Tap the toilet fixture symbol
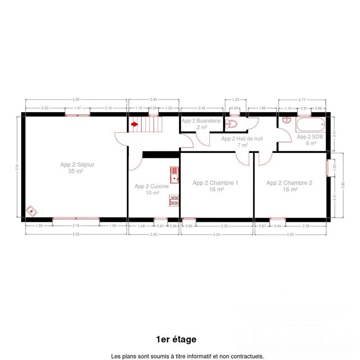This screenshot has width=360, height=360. click(233, 124)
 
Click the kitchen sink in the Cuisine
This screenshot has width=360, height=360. click(175, 174)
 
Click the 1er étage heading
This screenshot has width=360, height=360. click(176, 339)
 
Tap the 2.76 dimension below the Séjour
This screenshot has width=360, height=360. click(76, 226)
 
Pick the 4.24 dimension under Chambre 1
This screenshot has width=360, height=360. click(216, 234)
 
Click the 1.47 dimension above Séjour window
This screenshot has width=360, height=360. click(77, 108)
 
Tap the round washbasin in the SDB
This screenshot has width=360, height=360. click(287, 121)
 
